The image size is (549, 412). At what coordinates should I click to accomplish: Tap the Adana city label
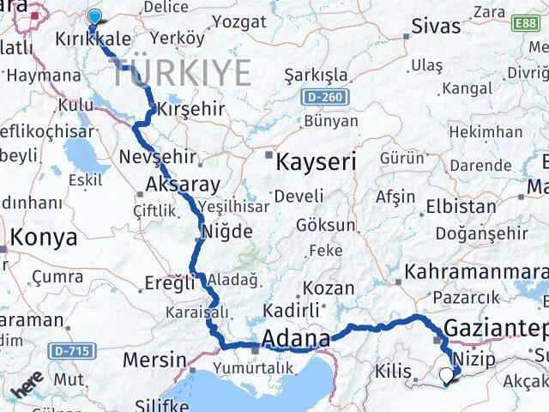point(298,338)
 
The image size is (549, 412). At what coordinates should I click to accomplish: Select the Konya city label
point(40,238)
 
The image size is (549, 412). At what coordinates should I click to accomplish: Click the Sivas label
point(437,26)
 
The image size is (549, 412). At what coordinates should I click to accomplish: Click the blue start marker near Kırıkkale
point(93,15)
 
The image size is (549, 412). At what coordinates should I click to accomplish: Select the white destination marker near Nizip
point(446,374)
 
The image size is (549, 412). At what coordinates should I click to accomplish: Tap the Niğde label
point(226,232)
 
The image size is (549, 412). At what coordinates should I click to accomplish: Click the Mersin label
point(154,359)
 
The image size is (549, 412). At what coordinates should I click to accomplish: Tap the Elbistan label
point(466,207)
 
